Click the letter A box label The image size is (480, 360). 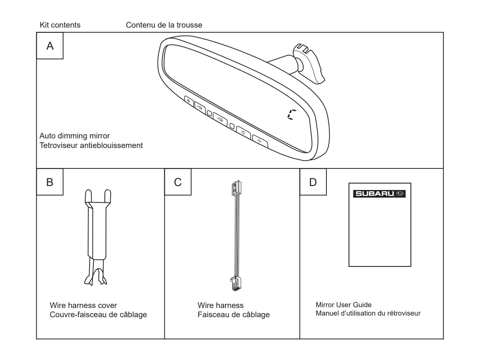[x=50, y=46]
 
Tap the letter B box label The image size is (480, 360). [x=50, y=182]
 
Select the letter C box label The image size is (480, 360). [x=178, y=182]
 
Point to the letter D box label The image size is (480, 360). [x=313, y=182]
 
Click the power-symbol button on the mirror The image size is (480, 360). [x=243, y=132]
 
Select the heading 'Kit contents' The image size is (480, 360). [x=60, y=25]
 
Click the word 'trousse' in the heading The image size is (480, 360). [x=190, y=25]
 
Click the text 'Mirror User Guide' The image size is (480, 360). [x=344, y=305]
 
